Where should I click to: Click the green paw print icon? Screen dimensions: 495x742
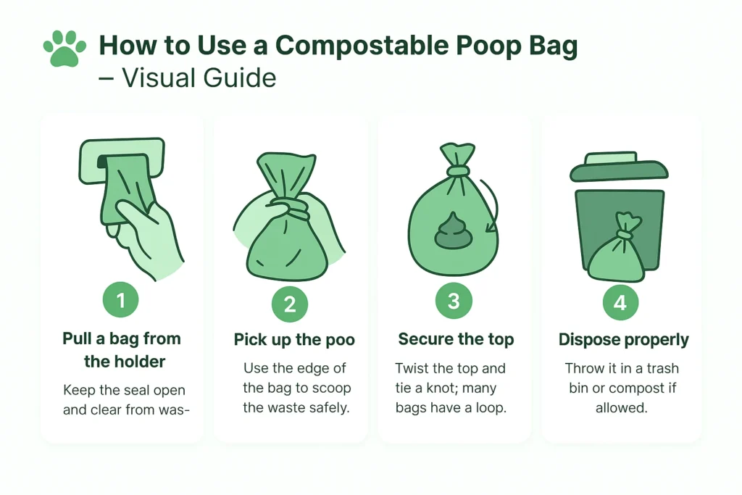click(x=64, y=50)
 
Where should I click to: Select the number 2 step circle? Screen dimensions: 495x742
click(x=290, y=304)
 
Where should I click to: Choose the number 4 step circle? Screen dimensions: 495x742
click(x=620, y=303)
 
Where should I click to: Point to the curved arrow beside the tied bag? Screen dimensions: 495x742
click(x=491, y=207)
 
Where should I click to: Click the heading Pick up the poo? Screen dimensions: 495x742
click(x=293, y=340)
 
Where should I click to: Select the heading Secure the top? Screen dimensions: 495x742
click(x=456, y=340)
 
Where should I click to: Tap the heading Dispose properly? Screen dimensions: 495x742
click(x=623, y=340)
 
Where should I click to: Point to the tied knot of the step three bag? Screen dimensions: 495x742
click(x=457, y=170)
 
